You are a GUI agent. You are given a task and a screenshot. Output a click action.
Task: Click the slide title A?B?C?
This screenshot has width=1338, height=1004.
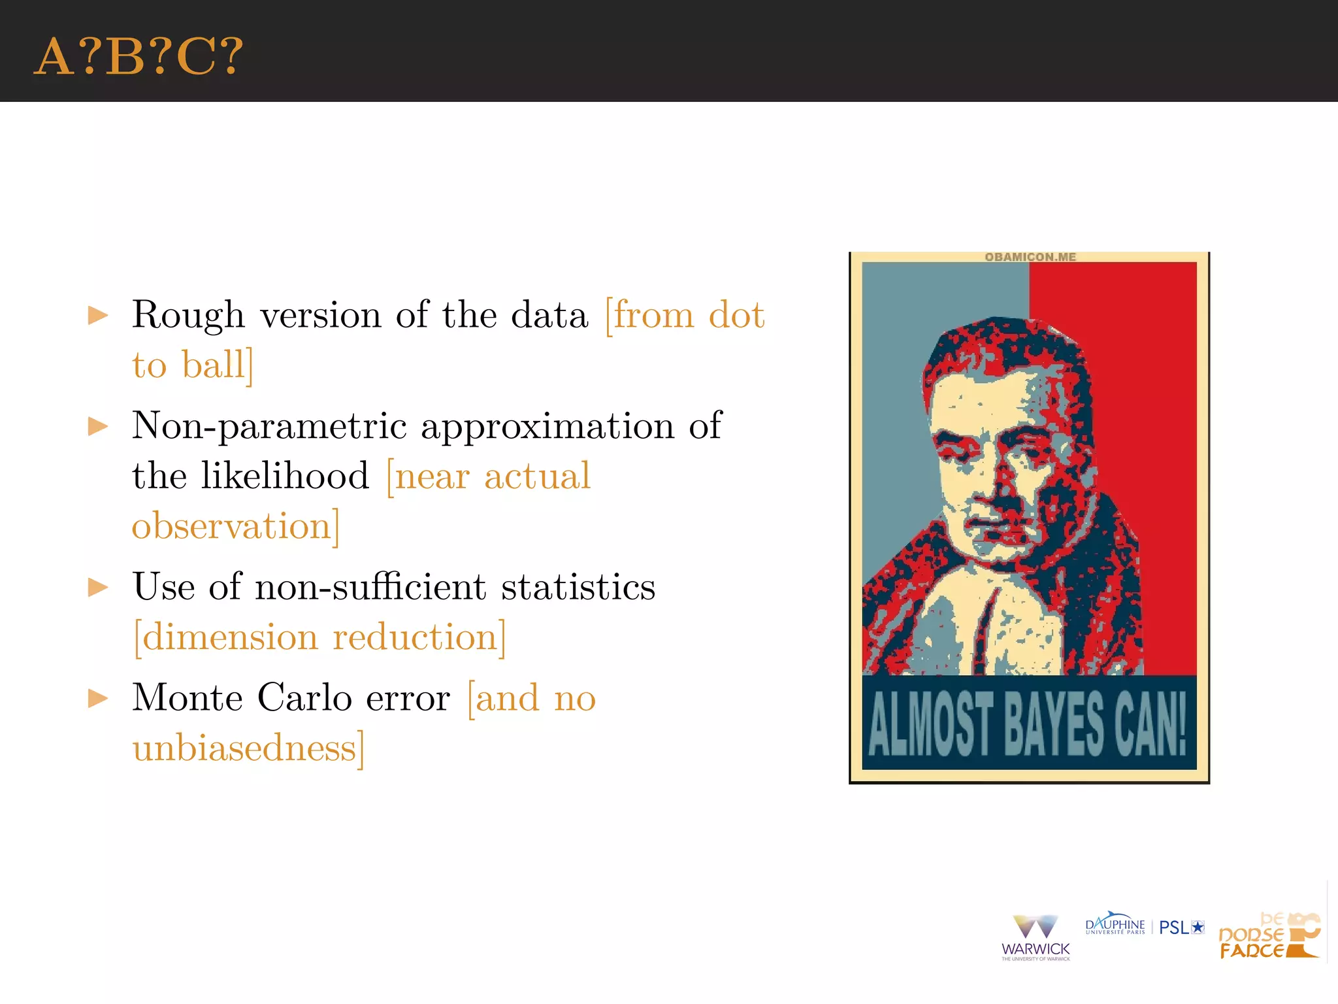[139, 58]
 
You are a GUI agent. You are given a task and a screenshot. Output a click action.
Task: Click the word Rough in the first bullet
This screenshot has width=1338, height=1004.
[188, 316]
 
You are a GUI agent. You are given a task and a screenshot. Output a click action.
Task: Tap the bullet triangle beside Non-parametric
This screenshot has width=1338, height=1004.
[98, 427]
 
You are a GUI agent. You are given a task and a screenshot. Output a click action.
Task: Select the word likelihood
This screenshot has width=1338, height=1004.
[285, 476]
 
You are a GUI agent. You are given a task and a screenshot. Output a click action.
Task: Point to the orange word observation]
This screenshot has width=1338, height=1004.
[236, 526]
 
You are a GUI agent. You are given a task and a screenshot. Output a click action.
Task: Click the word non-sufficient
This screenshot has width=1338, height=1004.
[370, 587]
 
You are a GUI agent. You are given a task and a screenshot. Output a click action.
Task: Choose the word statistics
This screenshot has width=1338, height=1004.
[578, 587]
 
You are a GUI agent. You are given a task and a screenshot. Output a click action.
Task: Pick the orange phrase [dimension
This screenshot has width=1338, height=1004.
[225, 637]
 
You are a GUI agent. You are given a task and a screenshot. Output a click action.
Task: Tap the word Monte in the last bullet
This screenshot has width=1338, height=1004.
[188, 698]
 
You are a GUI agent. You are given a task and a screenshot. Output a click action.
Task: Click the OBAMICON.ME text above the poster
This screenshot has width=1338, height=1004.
[1030, 257]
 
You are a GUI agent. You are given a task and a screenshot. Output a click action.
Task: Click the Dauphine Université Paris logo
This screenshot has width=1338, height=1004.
[1115, 924]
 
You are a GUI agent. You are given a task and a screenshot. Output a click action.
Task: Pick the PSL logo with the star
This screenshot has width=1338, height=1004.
[1181, 928]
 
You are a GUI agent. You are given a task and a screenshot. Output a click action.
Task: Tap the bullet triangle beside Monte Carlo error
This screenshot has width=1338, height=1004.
[98, 698]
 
